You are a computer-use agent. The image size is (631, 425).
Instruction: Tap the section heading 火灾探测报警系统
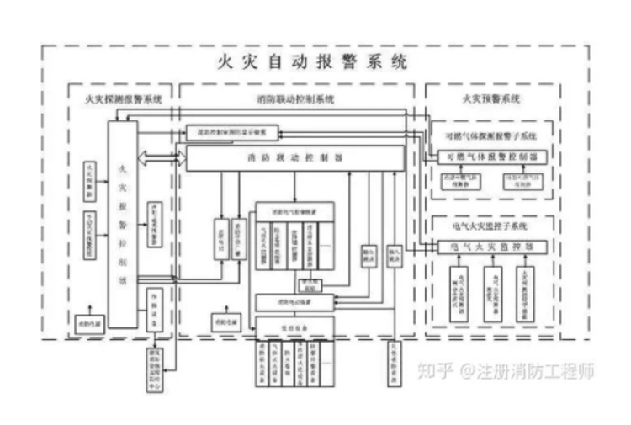coord(118,100)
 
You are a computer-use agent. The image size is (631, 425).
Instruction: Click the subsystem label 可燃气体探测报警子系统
coord(491,135)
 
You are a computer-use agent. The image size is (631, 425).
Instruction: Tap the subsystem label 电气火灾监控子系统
coord(491,227)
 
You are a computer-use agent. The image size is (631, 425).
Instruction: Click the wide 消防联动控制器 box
coord(294,157)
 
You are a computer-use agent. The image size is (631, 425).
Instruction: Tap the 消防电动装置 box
coord(289,301)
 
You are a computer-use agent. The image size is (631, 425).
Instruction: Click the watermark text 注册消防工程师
coord(538,371)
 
